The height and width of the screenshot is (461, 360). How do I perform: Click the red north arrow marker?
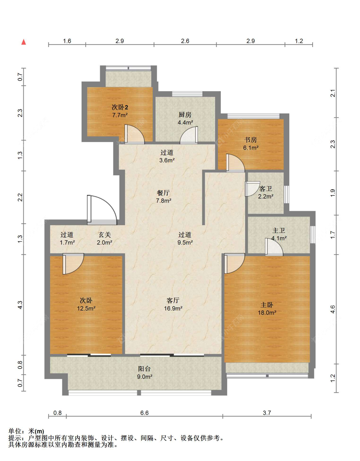24,42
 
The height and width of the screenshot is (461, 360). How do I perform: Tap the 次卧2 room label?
120,107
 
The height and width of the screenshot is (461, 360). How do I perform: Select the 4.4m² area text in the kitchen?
185,123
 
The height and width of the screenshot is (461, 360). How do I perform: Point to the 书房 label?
251,140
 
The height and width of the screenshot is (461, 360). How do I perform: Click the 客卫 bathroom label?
266,189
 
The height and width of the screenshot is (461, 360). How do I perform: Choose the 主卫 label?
278,230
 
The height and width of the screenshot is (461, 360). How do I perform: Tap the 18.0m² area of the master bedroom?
267,313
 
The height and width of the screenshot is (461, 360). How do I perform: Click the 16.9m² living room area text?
173,308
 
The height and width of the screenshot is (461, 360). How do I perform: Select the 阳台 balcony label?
144,369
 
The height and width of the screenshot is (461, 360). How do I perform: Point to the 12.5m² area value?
86,308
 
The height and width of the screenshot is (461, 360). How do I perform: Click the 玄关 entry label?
105,234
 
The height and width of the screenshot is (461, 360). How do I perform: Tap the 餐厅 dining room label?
163,193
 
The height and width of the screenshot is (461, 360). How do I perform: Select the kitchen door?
189,135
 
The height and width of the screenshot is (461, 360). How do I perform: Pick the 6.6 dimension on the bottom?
144,413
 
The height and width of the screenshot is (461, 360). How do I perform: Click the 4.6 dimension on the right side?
332,309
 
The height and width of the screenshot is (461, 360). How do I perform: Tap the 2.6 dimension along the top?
185,41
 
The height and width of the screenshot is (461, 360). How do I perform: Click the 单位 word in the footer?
15,431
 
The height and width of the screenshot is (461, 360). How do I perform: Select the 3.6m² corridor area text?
167,160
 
